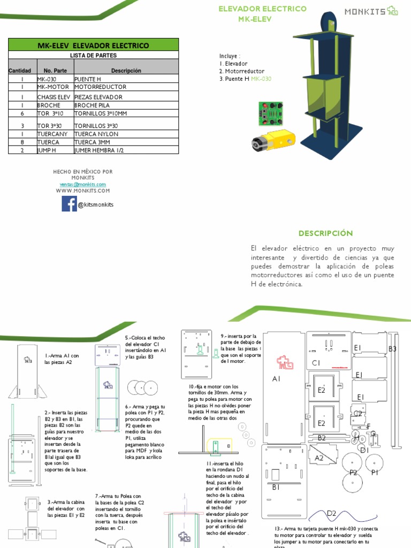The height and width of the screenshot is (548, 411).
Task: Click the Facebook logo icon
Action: [x=69, y=204]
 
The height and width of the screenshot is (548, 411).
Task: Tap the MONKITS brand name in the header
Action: [x=364, y=11]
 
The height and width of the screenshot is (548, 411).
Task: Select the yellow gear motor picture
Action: [x=272, y=141]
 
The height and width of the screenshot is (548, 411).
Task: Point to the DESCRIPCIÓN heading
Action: [x=326, y=233]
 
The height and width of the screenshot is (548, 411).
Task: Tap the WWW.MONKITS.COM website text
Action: [x=82, y=191]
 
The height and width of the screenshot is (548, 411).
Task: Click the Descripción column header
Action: [x=126, y=71]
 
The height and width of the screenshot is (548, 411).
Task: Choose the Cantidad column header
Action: [x=22, y=71]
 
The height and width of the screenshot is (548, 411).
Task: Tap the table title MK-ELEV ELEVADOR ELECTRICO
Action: [x=93, y=45]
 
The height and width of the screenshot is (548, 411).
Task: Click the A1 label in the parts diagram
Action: [x=276, y=379]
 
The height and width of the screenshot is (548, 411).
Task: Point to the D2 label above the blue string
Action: [x=331, y=514]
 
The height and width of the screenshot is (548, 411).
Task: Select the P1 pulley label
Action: [x=375, y=472]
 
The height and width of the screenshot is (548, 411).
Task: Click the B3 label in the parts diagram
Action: [x=392, y=349]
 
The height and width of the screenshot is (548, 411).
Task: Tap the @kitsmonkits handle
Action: [x=95, y=204]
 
